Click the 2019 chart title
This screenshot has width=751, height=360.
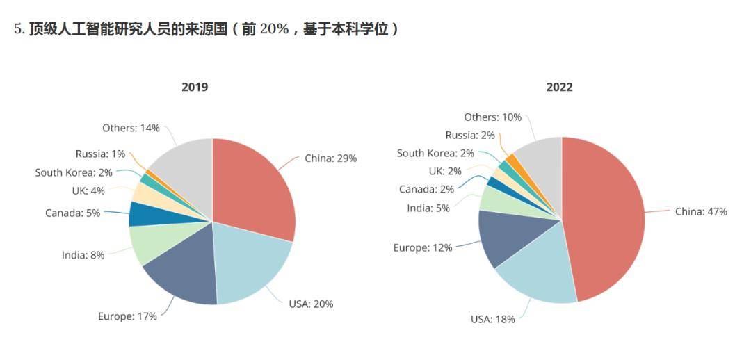[195, 87]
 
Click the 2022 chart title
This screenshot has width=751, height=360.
[559, 87]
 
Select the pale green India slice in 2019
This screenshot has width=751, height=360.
[150, 243]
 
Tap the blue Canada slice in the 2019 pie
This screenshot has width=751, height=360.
[142, 214]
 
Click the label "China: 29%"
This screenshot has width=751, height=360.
[330, 158]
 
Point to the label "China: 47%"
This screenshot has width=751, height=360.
[701, 211]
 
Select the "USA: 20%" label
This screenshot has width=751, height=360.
[311, 304]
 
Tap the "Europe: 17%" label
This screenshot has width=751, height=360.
[127, 316]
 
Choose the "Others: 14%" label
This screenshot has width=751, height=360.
[131, 128]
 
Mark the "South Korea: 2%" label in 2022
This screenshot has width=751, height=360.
[435, 153]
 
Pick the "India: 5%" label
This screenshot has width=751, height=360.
[428, 208]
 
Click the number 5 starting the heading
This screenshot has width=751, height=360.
[17, 30]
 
